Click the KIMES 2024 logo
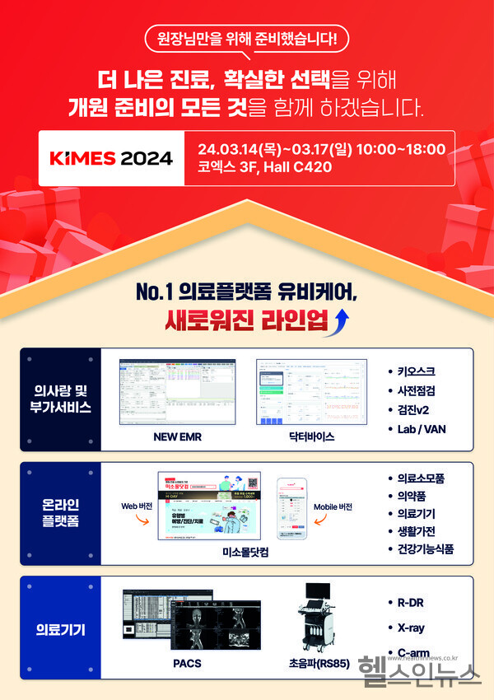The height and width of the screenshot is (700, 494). (x=112, y=158)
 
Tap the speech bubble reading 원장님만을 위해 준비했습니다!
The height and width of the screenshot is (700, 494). (x=247, y=39)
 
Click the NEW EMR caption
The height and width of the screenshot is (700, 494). (x=177, y=437)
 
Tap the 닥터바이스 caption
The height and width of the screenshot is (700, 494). (x=312, y=437)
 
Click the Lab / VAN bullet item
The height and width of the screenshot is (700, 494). (x=422, y=428)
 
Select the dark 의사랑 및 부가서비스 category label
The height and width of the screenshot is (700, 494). (x=60, y=399)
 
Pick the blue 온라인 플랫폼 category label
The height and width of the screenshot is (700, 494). (x=60, y=513)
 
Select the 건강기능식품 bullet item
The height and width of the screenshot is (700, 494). (x=425, y=548)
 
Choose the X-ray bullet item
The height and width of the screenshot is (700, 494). (x=410, y=628)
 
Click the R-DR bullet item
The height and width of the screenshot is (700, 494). (x=409, y=602)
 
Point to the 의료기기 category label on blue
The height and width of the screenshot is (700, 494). (x=60, y=631)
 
